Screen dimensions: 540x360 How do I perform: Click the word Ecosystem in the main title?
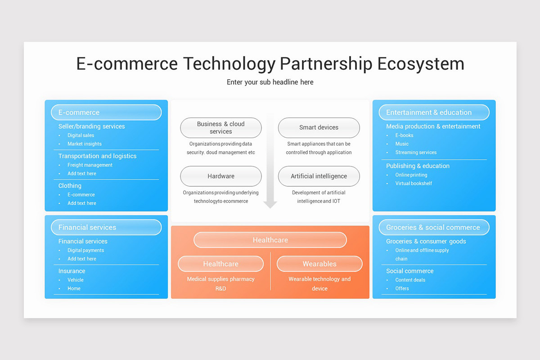(x=421, y=64)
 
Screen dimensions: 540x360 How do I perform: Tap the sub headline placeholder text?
(x=270, y=82)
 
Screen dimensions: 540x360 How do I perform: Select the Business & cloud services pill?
(x=221, y=127)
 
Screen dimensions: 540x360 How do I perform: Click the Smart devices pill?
(x=319, y=127)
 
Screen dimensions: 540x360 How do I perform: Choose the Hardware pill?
(x=221, y=176)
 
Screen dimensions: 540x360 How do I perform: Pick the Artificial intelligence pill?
(x=319, y=176)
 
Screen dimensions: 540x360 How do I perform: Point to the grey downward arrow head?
(x=270, y=205)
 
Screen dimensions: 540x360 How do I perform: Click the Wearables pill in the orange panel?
(x=319, y=264)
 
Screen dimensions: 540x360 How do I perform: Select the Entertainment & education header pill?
(x=434, y=112)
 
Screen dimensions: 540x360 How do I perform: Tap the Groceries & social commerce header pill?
(x=434, y=227)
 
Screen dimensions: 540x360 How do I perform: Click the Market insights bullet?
(x=85, y=144)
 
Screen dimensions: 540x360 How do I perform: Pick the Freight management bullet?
(x=90, y=165)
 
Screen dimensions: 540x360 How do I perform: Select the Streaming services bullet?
(x=416, y=153)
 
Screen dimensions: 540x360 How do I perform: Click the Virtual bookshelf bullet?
(x=414, y=184)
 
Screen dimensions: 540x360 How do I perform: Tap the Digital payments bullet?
(x=85, y=250)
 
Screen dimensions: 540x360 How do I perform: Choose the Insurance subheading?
(x=72, y=271)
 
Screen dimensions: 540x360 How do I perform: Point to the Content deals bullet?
(x=410, y=280)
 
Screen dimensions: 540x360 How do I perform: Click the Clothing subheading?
(x=70, y=186)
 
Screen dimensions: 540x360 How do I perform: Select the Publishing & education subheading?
(x=418, y=166)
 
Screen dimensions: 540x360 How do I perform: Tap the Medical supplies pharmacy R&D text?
(x=220, y=284)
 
